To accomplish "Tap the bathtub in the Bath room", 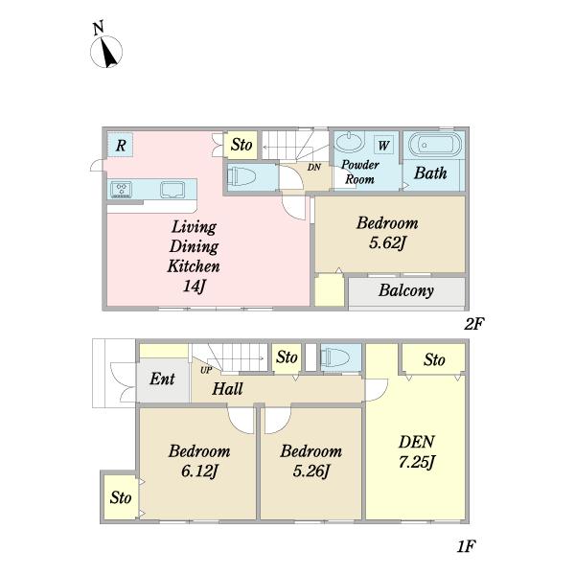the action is tap(434, 146).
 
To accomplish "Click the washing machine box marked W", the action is tap(383, 146).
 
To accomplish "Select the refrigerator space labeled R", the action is tap(121, 145).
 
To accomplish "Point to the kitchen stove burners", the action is tap(122, 190).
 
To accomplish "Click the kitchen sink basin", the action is tap(172, 189).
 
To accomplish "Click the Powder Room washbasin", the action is tap(350, 142).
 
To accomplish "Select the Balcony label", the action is tap(406, 290).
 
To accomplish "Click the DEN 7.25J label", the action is tap(417, 451).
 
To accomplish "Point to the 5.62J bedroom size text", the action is tap(387, 242).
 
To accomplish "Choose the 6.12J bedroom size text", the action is tap(199, 471).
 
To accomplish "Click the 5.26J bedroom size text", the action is tap(311, 471).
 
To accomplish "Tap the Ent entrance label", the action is tap(163, 379).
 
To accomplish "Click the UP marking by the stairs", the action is tap(206, 370).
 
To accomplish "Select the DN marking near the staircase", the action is tap(314, 167).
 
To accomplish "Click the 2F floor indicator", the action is tap(474, 324).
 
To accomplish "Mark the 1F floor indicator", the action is tap(466, 547).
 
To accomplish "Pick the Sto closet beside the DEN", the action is tap(434, 359).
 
